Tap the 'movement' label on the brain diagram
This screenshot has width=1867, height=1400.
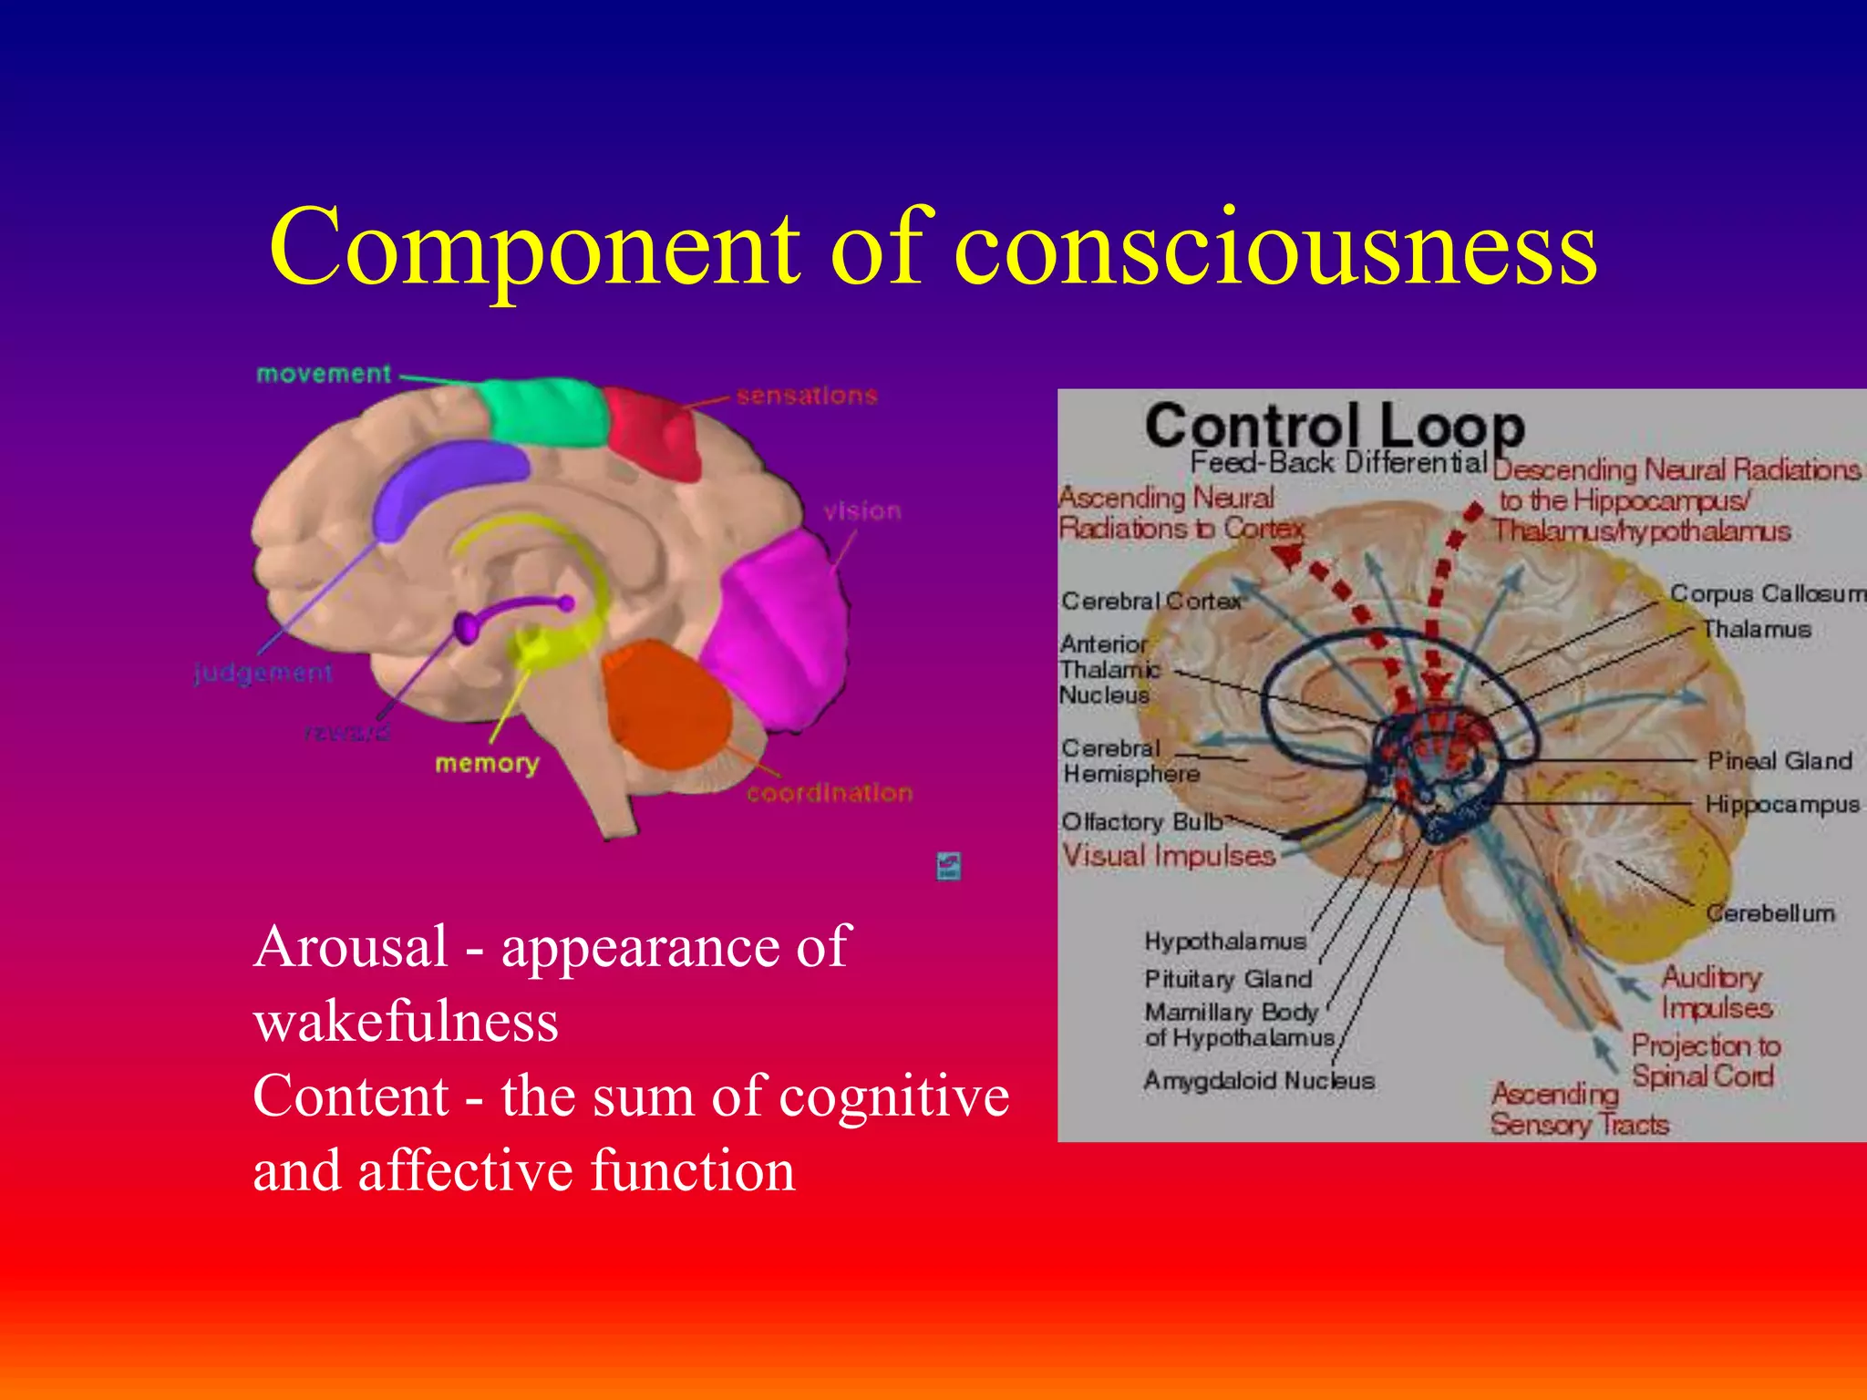click(324, 374)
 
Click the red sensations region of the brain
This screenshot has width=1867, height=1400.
click(654, 430)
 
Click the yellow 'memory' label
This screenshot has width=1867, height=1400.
click(487, 764)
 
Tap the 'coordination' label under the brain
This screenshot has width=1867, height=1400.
click(829, 793)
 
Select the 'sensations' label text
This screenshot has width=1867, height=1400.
click(807, 396)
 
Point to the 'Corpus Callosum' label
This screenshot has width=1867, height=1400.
click(1768, 593)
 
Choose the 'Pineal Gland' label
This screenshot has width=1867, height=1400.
click(1779, 761)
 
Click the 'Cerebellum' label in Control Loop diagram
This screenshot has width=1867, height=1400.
click(1770, 912)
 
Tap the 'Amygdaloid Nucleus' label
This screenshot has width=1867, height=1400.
click(1259, 1081)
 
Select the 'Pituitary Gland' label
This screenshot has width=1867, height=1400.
click(1228, 979)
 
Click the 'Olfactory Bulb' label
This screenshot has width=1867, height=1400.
click(1141, 821)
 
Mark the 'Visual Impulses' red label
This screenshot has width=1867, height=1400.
click(1169, 856)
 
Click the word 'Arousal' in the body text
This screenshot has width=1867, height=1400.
click(351, 947)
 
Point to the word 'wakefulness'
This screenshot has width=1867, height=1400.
click(406, 1022)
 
